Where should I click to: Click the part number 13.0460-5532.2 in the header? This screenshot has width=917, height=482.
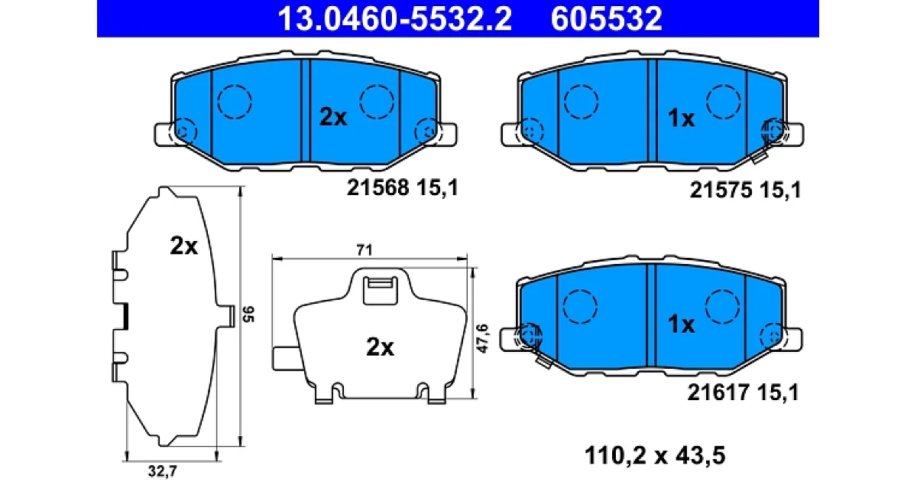tap(394, 18)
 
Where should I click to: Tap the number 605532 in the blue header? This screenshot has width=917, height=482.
tap(606, 18)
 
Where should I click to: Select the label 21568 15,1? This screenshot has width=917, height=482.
tap(403, 188)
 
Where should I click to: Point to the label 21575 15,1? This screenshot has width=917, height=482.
tap(745, 191)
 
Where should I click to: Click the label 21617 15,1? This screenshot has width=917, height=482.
tap(743, 392)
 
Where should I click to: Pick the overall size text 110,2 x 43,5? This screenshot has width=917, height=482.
tap(655, 455)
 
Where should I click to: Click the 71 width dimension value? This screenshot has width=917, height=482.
tap(365, 250)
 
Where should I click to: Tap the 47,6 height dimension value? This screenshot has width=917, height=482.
tap(483, 338)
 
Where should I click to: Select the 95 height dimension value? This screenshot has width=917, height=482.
tap(248, 314)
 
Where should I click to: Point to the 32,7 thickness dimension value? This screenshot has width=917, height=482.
tap(163, 471)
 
